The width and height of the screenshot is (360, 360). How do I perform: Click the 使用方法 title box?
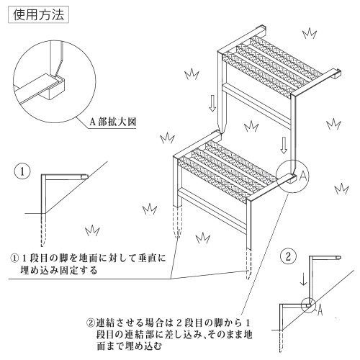[x=39, y=15]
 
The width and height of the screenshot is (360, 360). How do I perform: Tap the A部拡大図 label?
[x=112, y=122]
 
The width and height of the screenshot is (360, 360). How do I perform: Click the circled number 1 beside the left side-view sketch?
[x=22, y=171]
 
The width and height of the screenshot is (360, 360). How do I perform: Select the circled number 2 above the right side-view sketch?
[x=288, y=256]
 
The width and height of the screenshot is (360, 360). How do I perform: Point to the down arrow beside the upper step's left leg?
[x=212, y=103]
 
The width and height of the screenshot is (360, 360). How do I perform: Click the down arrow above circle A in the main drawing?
[x=284, y=145]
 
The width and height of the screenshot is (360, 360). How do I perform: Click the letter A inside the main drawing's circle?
[x=303, y=176]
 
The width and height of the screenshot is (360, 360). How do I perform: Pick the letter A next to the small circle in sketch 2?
[x=320, y=310]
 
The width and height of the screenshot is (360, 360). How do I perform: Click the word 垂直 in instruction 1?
[x=148, y=258]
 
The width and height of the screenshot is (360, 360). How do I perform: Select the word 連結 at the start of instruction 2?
[x=106, y=323]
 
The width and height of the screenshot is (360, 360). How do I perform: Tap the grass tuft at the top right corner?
[x=310, y=33]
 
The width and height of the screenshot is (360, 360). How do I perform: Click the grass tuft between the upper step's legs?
[x=251, y=127]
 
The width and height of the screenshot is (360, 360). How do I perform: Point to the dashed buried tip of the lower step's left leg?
[x=177, y=222]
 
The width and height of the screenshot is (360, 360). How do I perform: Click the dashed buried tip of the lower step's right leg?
[x=249, y=264]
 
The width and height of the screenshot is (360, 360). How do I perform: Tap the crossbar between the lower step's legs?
[x=212, y=210]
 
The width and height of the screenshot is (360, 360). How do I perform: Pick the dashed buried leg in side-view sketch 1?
[x=43, y=230]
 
